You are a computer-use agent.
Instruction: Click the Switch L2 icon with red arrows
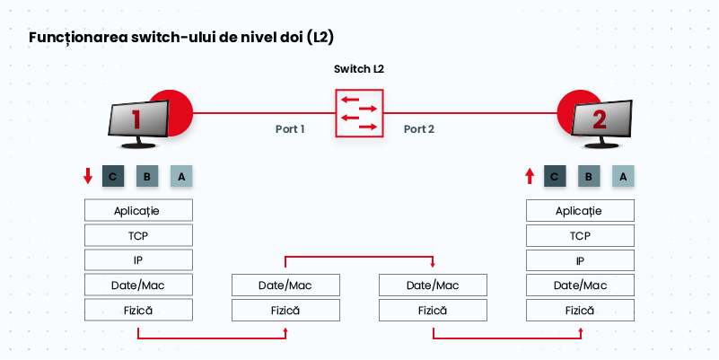(x=359, y=113)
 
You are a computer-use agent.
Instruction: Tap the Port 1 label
(x=290, y=129)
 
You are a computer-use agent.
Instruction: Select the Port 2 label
(x=418, y=129)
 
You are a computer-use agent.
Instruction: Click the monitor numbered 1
(x=138, y=124)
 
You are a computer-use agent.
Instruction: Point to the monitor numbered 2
(x=601, y=124)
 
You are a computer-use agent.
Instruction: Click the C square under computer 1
(x=113, y=176)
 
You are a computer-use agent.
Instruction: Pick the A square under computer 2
(x=623, y=176)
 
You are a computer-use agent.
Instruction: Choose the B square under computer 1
(x=147, y=176)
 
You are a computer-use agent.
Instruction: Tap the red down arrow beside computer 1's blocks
(x=88, y=176)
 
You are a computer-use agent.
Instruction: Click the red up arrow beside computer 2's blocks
(x=530, y=176)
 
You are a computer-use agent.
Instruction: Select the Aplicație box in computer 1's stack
(x=138, y=210)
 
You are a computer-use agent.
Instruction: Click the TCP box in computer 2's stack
(x=580, y=236)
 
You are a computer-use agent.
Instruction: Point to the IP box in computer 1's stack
(x=138, y=260)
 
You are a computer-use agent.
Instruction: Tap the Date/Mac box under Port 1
(x=285, y=285)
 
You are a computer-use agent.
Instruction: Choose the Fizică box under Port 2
(x=433, y=311)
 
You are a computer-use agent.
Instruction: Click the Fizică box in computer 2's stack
(x=580, y=311)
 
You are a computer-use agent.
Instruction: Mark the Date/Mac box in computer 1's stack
(x=138, y=285)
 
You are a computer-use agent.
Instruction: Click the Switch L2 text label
(x=358, y=69)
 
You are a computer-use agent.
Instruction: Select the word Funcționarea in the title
(x=78, y=38)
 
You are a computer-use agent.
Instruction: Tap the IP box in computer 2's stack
(x=580, y=261)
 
